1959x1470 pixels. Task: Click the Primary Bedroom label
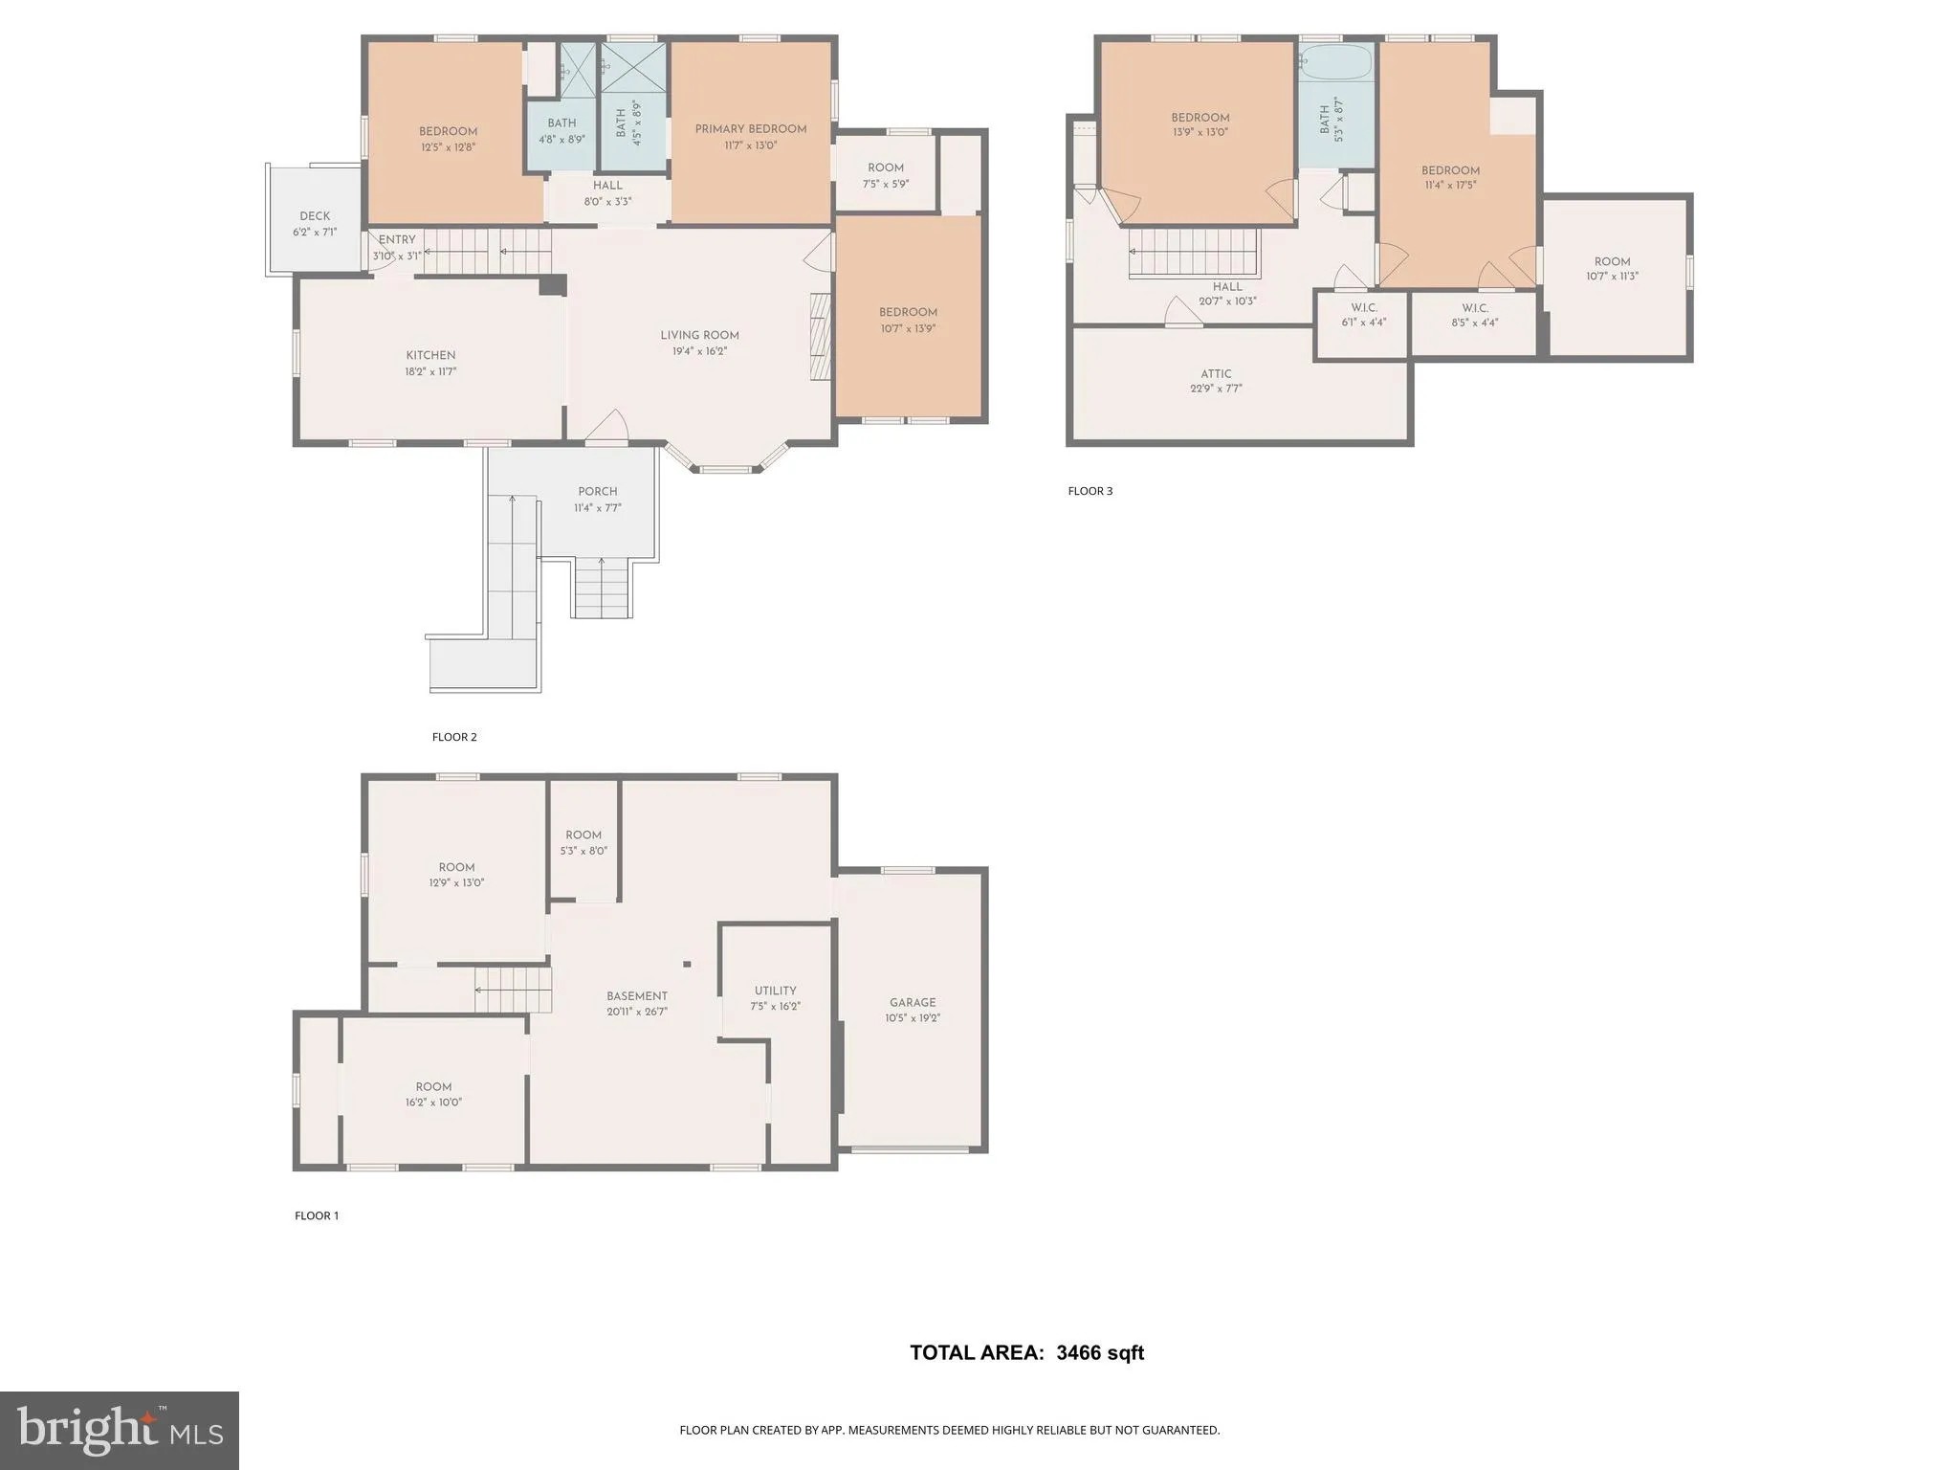tap(751, 129)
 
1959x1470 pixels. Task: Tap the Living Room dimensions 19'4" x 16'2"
tap(699, 351)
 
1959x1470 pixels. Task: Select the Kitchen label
tap(430, 355)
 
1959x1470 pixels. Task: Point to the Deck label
tap(315, 216)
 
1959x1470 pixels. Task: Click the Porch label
tap(598, 492)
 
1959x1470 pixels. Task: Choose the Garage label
tap(913, 1003)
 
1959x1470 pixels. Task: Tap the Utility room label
tap(775, 991)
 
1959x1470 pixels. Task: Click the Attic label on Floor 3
tap(1216, 374)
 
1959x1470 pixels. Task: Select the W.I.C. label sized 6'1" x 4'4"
tap(1364, 307)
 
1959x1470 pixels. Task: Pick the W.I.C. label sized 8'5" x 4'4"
tap(1475, 308)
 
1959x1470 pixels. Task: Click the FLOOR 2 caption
tap(454, 737)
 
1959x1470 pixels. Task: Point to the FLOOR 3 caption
tap(1090, 491)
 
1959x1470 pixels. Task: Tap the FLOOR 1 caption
tap(317, 1216)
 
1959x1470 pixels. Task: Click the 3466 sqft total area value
tap(1100, 1352)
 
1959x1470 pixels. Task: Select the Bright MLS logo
tap(120, 1431)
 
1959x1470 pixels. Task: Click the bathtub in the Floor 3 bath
tap(1336, 63)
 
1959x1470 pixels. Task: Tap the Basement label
tap(637, 996)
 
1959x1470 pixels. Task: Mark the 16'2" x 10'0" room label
tap(433, 1102)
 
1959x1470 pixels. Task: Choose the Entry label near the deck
tap(397, 240)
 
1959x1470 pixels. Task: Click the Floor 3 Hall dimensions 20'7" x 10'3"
tap(1227, 301)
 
